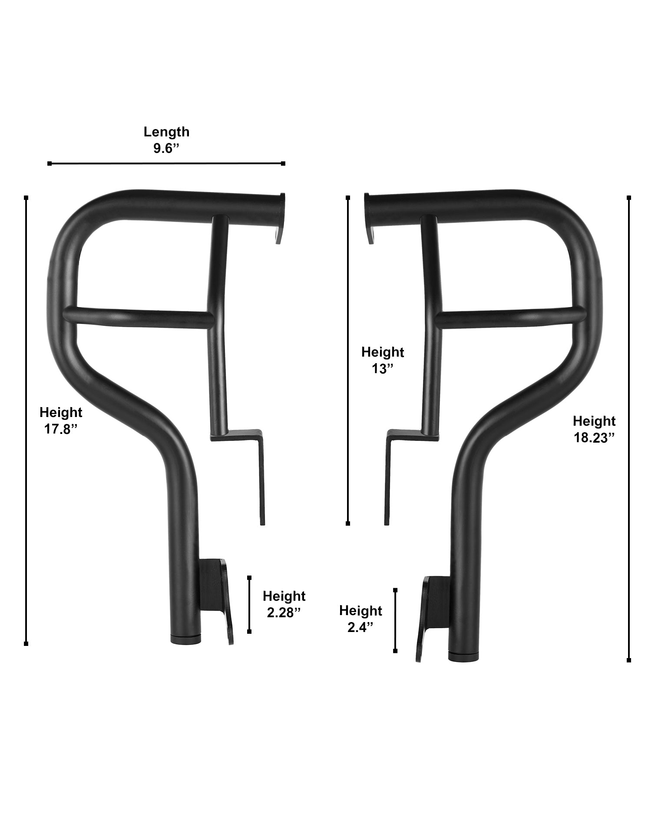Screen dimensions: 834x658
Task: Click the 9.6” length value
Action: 166,148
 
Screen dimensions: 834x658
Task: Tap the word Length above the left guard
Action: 166,132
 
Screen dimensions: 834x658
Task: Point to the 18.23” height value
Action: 594,437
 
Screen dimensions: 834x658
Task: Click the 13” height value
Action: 382,369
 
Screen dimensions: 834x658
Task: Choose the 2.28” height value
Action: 284,612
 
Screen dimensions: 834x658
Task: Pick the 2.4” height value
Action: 360,627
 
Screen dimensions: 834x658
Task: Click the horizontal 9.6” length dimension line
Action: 166,163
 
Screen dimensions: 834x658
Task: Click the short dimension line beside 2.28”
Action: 249,604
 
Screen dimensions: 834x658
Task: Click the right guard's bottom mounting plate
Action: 430,617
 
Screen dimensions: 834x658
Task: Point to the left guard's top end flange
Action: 279,217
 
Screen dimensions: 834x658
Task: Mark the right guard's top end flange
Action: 369,217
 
